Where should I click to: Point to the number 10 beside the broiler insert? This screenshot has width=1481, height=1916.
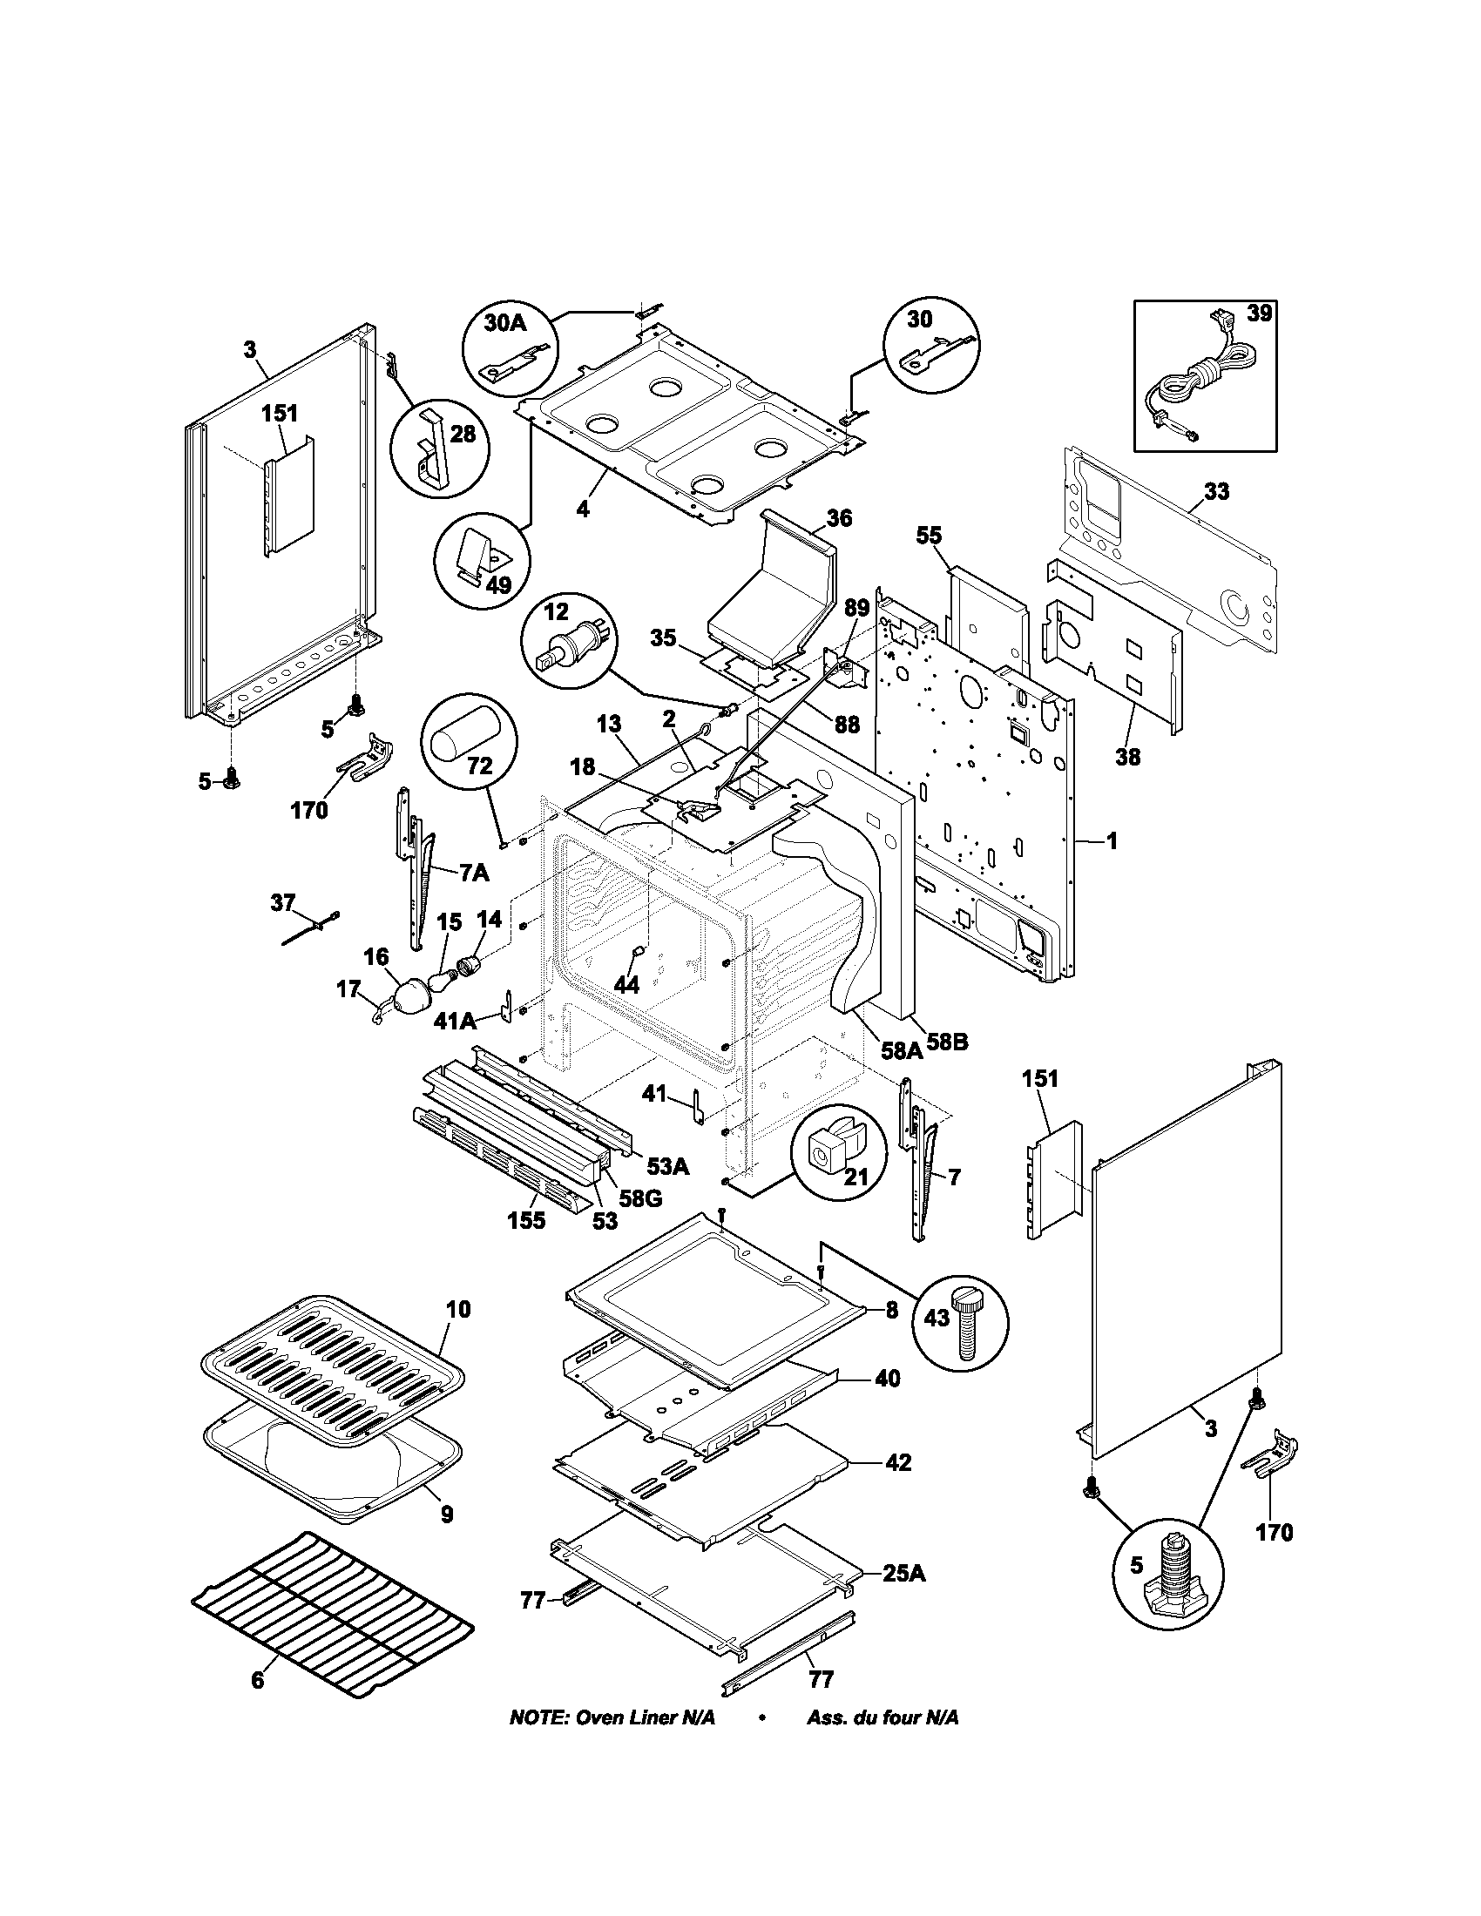[458, 1310]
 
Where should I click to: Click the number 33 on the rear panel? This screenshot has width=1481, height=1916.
[1215, 492]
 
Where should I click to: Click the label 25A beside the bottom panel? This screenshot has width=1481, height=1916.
[903, 1573]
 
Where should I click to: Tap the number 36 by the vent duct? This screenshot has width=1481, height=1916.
[839, 518]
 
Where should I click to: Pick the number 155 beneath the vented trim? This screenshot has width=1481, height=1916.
[525, 1220]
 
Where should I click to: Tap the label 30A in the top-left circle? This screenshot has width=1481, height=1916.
[505, 323]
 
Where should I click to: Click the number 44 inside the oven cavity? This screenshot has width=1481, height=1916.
[626, 984]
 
